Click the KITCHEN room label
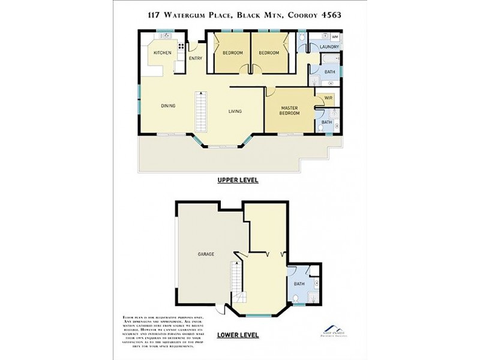pos(162,53)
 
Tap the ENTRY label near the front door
pos(196,58)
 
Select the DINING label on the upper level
pos(168,106)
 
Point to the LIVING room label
pos(235,111)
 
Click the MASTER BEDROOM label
pos(290,110)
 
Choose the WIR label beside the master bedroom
pos(328,98)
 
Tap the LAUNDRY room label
pos(329,47)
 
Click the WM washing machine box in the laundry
pos(334,37)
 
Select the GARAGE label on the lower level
pos(206,254)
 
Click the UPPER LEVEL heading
pos(238,179)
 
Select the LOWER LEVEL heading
pos(238,335)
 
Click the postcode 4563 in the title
pos(330,15)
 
